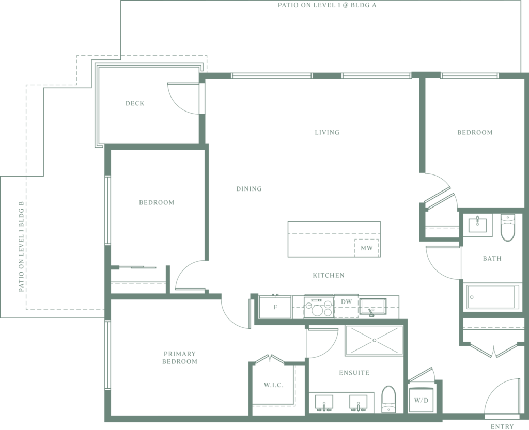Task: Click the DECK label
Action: click(135, 103)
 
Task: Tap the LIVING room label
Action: click(327, 132)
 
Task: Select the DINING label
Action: click(249, 189)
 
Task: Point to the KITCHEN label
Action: click(329, 275)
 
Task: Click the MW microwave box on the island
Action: click(366, 248)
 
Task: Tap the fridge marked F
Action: click(275, 307)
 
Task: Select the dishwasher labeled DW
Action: click(346, 306)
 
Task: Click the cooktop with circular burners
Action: click(319, 307)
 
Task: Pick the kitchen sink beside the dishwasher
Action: click(372, 306)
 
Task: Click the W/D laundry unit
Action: click(421, 400)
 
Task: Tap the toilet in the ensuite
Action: click(388, 400)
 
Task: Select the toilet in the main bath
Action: click(507, 228)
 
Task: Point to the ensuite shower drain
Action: click(375, 340)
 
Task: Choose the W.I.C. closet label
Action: click(274, 385)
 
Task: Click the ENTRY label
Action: click(502, 426)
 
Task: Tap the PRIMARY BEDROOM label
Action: click(179, 358)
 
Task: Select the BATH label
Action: click(492, 259)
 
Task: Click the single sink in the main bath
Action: click(478, 225)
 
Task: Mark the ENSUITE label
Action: click(354, 373)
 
